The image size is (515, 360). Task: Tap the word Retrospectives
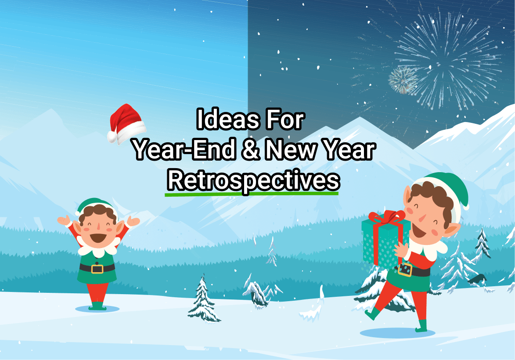pyautogui.click(x=253, y=180)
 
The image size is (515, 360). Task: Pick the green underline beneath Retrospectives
pyautogui.click(x=252, y=194)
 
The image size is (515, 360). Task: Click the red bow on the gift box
pyautogui.click(x=387, y=217)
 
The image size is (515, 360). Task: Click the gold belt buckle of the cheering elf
pyautogui.click(x=97, y=269)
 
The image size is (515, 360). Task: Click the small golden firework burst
pyautogui.click(x=402, y=80)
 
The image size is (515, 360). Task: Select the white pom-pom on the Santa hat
pyautogui.click(x=112, y=136)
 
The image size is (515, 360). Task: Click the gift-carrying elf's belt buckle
pyautogui.click(x=405, y=270)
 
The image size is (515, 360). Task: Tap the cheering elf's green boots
pyautogui.click(x=97, y=306)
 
